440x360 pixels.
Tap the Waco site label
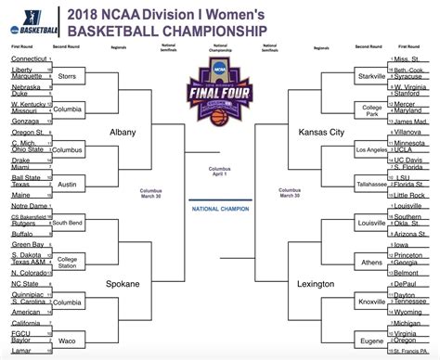click(68, 341)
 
